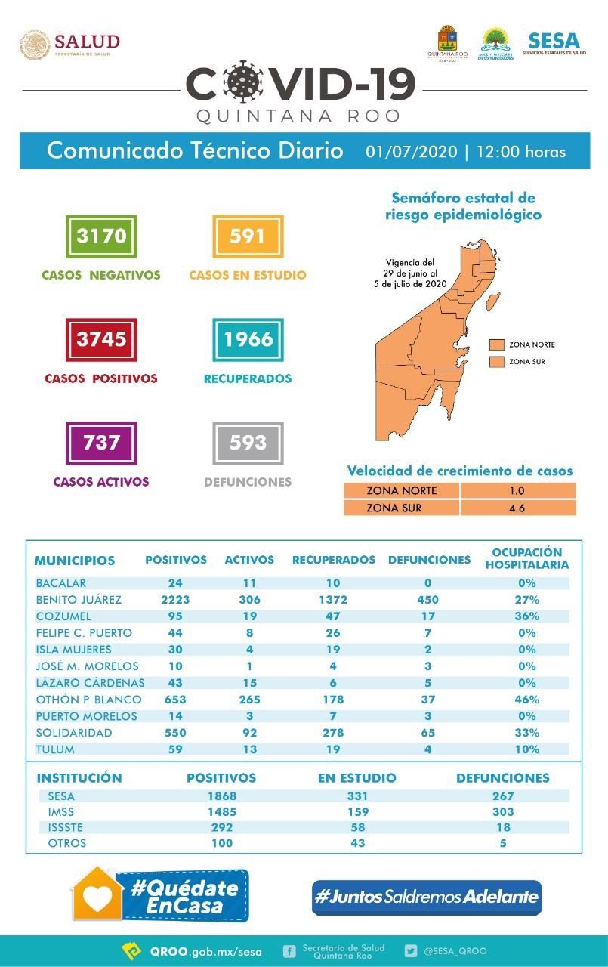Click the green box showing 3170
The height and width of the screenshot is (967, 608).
[101, 236]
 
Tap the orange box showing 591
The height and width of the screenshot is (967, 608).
[248, 236]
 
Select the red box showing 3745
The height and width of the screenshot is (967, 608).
[101, 339]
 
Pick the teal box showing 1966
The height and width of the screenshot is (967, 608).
[248, 339]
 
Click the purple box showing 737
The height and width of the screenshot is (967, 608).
[101, 442]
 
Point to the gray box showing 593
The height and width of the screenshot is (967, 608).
[248, 442]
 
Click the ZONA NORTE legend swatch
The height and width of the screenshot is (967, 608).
[496, 344]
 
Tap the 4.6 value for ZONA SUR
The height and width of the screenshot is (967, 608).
[517, 508]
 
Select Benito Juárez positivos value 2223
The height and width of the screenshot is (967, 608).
[174, 600]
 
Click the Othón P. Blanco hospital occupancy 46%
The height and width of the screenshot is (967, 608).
[526, 700]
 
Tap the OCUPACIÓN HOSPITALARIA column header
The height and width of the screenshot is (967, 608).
[526, 558]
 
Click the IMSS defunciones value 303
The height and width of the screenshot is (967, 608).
[502, 812]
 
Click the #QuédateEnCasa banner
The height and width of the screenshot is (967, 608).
[159, 896]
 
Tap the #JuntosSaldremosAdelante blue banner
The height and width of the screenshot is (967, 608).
[427, 897]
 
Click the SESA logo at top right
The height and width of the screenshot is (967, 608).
[554, 44]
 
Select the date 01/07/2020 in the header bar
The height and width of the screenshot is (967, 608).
[411, 151]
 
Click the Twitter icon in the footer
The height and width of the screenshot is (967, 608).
[411, 951]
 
